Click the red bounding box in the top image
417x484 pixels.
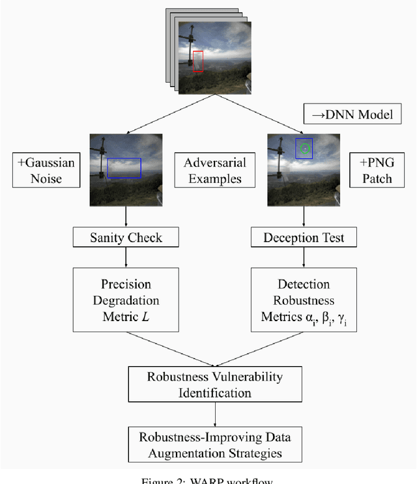198,61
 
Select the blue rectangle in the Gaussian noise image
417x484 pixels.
124,167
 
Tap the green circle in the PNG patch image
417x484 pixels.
304,149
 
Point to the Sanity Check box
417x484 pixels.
126,237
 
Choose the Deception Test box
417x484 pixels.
304,237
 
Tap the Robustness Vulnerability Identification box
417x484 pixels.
216,384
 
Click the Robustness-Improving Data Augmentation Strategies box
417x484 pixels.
216,444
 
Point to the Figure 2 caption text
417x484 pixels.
209,480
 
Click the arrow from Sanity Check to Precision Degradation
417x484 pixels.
126,259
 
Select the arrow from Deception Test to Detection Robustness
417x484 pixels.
304,259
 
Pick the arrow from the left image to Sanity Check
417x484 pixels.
126,217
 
